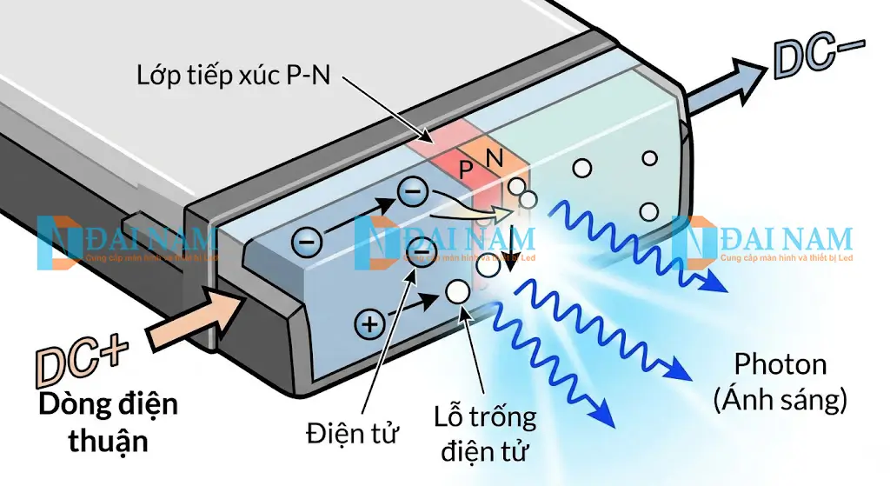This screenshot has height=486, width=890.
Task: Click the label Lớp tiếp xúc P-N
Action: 234,75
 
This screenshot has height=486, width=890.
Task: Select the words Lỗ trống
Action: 485,417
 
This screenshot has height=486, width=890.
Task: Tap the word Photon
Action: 780,364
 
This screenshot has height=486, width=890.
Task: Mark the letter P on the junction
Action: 468,167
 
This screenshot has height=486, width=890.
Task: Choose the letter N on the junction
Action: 494,159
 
